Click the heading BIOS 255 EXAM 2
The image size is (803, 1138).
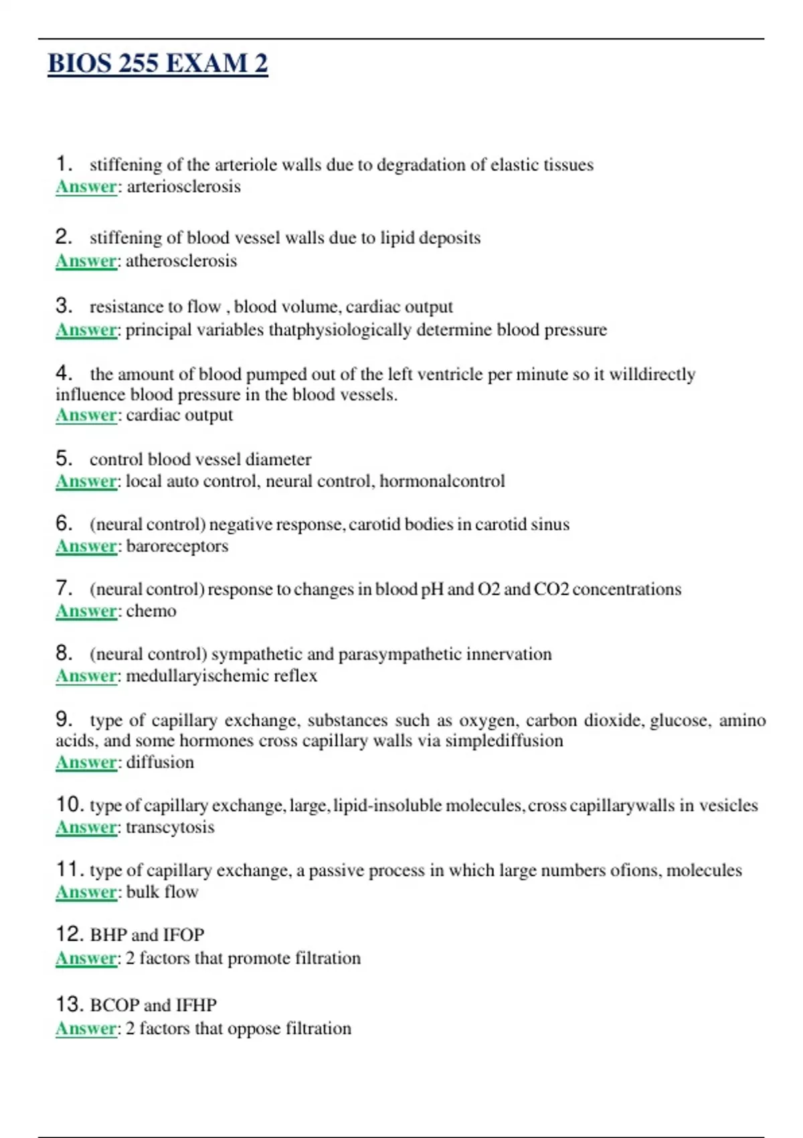(x=158, y=64)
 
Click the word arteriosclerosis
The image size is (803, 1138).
(x=183, y=187)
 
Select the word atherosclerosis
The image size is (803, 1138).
(x=181, y=260)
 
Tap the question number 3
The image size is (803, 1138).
(x=64, y=306)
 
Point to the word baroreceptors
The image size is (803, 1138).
(x=177, y=546)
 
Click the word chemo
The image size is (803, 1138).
(x=151, y=611)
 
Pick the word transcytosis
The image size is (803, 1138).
(x=170, y=827)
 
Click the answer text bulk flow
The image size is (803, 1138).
(x=162, y=892)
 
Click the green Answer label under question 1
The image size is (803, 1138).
(x=86, y=187)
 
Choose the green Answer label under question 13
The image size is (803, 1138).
(x=86, y=1029)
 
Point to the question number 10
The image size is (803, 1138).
(x=69, y=805)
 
